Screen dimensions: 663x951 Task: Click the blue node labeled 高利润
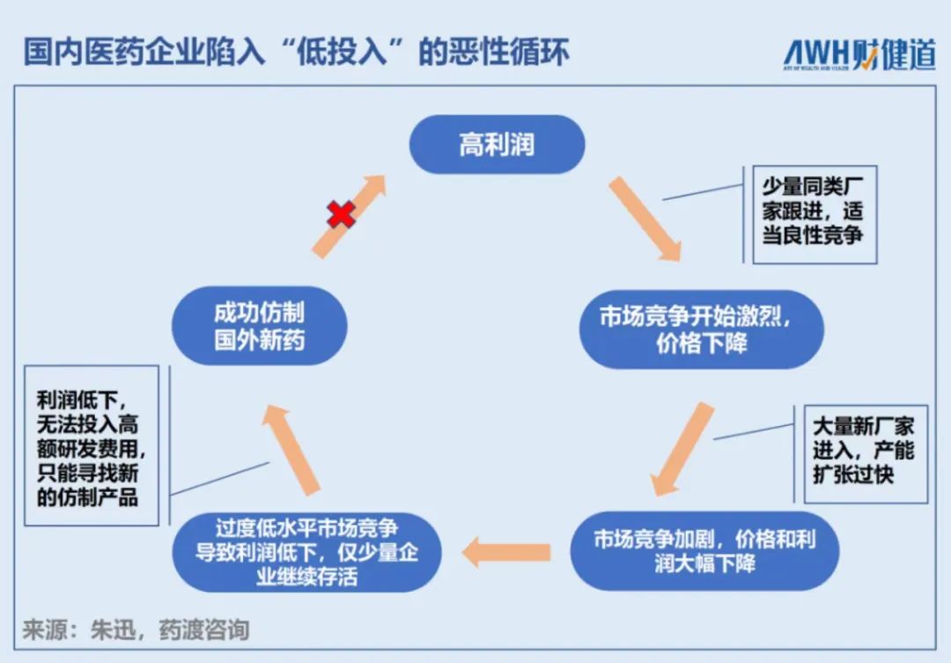(497, 144)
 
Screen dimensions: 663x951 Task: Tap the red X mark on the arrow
(342, 214)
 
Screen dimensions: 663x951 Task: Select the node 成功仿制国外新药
(259, 327)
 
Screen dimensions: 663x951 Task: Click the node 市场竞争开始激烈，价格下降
(701, 329)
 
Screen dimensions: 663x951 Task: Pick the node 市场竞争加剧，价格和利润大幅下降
(704, 551)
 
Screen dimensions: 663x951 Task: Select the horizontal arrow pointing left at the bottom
(506, 552)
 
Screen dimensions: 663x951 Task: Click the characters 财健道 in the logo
(898, 54)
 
